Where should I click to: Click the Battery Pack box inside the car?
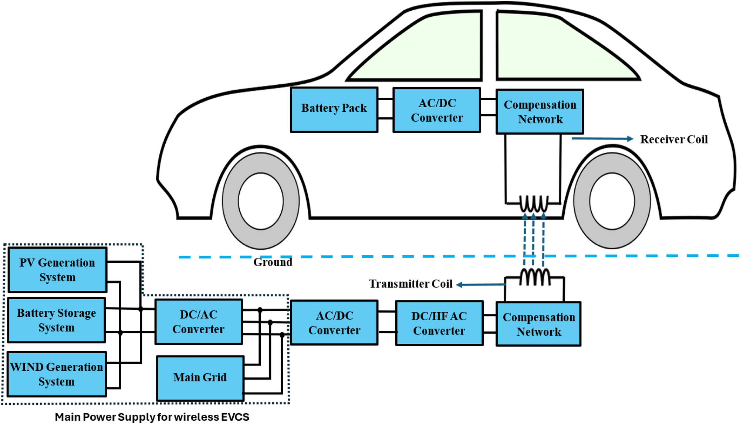tap(334, 110)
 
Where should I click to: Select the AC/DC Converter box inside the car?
tap(436, 110)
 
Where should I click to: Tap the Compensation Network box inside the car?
tap(540, 112)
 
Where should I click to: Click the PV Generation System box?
tap(57, 270)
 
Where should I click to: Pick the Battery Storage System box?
tap(57, 320)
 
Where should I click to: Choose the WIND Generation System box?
tap(57, 374)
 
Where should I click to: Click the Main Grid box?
tap(200, 378)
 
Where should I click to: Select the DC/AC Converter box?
tap(199, 322)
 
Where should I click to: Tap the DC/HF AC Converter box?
tap(439, 323)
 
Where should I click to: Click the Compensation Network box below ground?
tap(538, 324)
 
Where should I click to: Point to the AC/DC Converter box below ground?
tap(334, 323)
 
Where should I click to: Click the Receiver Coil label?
tap(673, 139)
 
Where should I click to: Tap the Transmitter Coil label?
tap(410, 284)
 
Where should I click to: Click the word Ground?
tap(273, 262)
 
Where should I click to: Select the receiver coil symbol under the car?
tap(533, 203)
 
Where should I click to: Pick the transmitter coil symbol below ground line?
tap(535, 277)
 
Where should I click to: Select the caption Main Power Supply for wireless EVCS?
tap(152, 417)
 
